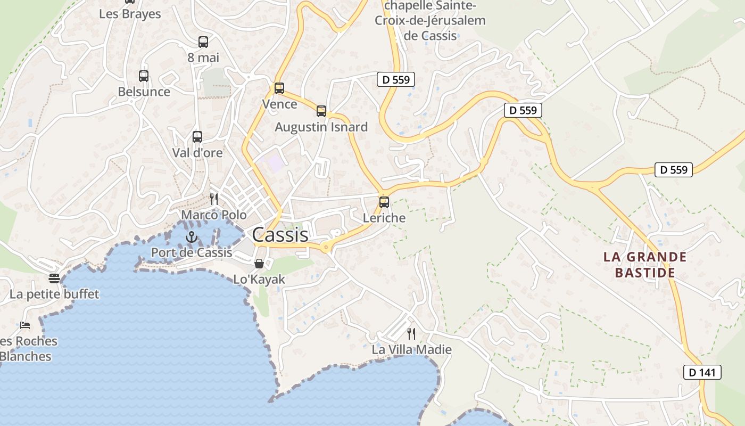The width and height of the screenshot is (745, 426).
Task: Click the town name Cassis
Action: tap(280, 235)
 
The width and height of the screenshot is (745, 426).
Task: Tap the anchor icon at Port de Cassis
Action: tap(191, 237)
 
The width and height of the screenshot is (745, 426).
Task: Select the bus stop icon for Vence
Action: tap(279, 88)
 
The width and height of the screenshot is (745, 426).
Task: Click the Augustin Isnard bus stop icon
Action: tap(321, 111)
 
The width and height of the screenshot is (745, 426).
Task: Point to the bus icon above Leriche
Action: tap(384, 202)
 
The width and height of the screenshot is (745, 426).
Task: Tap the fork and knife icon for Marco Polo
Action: tap(214, 199)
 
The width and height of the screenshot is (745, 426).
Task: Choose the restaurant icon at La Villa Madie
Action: tap(411, 334)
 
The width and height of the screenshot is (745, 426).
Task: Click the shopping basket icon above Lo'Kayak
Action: tap(259, 264)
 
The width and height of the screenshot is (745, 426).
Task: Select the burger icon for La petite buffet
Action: tap(54, 278)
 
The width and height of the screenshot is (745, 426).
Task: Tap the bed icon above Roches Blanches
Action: tap(25, 325)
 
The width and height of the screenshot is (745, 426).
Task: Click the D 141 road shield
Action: tap(702, 372)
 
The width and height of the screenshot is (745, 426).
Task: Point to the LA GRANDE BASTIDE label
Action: tap(645, 265)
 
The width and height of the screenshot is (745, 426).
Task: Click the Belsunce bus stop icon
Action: tap(144, 76)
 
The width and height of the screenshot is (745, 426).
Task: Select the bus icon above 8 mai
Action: tap(203, 42)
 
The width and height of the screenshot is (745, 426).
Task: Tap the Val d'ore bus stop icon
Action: tap(197, 137)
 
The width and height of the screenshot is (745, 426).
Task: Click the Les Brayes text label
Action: tap(130, 14)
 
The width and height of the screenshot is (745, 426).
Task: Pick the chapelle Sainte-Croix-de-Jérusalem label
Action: tap(430, 21)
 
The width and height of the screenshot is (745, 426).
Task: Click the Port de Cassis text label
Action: tap(192, 252)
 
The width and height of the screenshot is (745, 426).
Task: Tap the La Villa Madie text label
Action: tap(411, 350)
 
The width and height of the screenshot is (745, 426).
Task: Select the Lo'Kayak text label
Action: tap(259, 279)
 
